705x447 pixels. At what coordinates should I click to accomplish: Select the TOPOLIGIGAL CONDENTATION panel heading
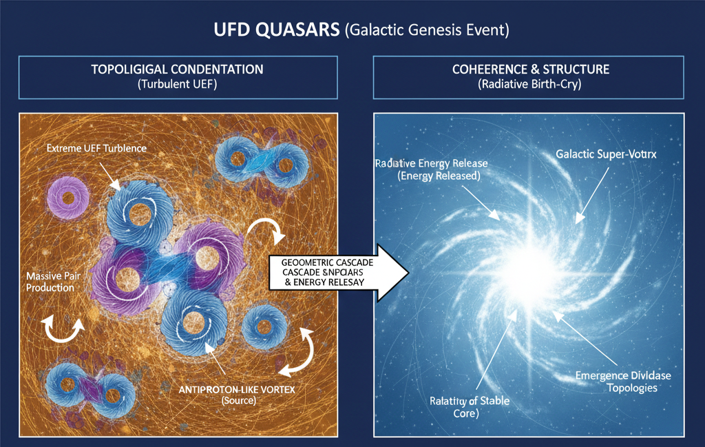point(177,70)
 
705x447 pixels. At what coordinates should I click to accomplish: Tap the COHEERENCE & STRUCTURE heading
point(530,70)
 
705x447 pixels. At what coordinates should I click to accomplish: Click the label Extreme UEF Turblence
point(97,149)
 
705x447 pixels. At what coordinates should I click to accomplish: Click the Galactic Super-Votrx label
point(606,154)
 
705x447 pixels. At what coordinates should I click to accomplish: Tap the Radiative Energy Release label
point(432,169)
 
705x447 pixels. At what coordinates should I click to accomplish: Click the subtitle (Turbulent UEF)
point(177,85)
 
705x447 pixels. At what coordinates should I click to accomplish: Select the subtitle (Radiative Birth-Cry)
point(530,85)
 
